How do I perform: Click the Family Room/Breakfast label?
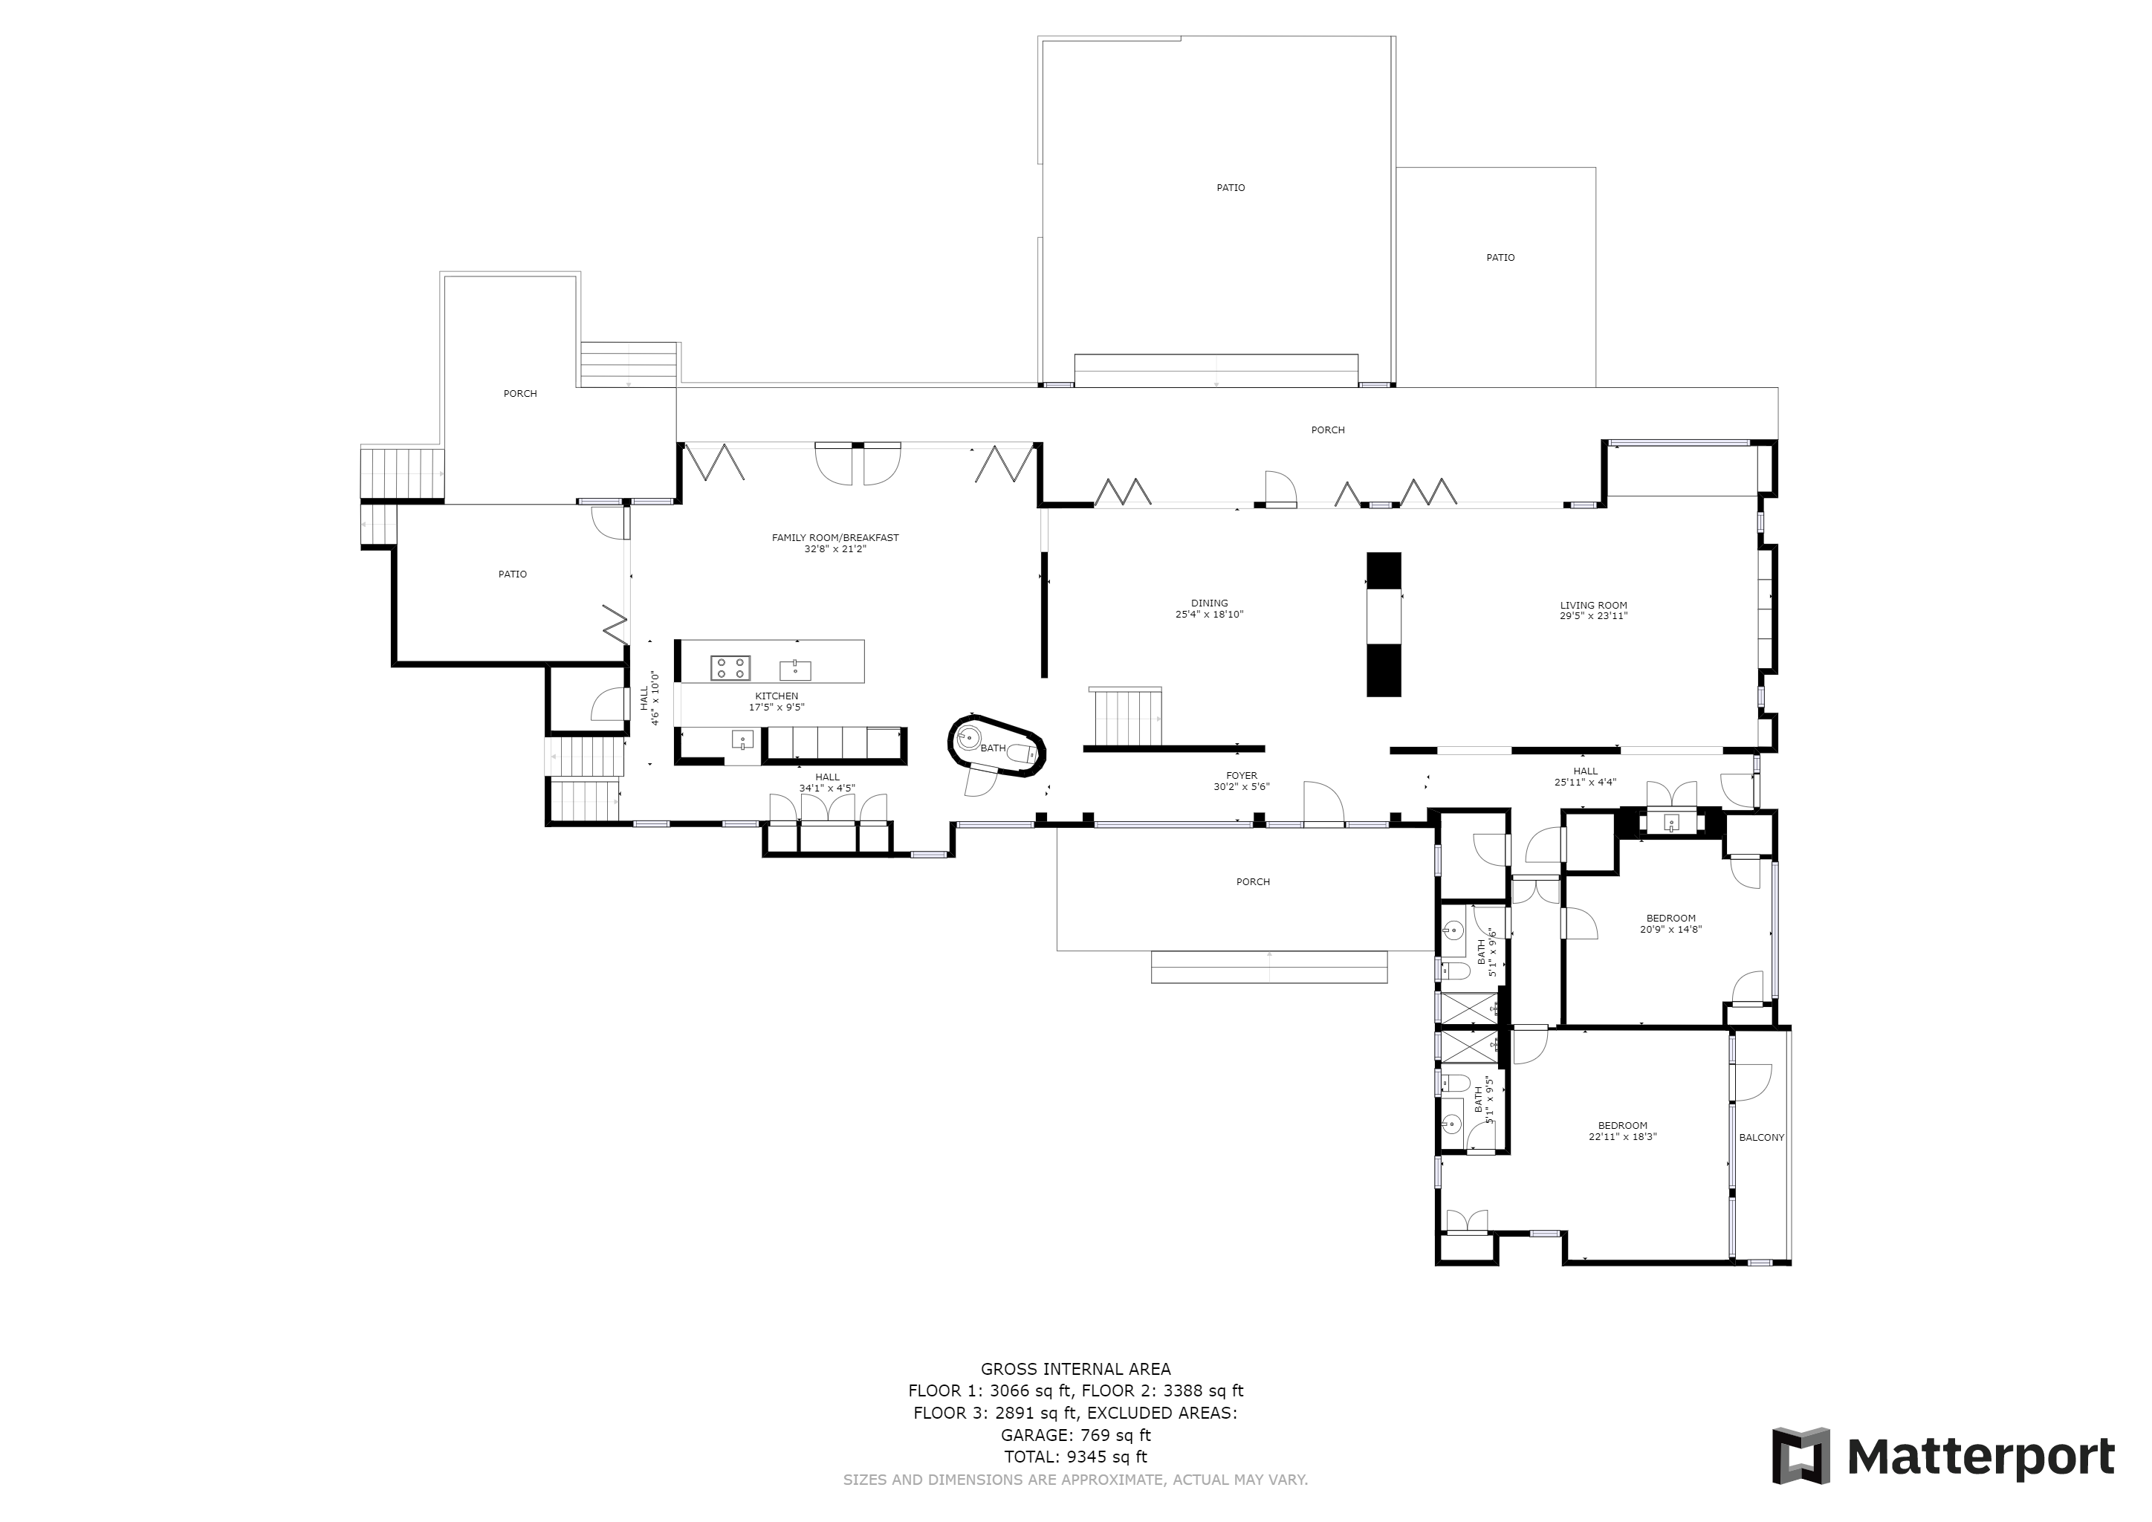[834, 538]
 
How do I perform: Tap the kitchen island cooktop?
[730, 667]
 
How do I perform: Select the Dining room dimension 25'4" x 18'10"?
[1209, 615]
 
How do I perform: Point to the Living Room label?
[1593, 606]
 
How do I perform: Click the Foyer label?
[1241, 776]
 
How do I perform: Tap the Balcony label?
[1761, 1138]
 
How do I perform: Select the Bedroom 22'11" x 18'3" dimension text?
[1622, 1137]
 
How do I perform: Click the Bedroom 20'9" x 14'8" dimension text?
[1670, 930]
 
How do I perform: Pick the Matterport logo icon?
[1801, 1455]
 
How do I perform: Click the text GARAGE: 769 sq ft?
[1075, 1435]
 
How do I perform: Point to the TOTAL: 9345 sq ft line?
[1075, 1457]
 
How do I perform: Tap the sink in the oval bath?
[969, 737]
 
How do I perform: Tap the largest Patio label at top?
[1231, 187]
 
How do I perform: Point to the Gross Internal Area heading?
[1075, 1369]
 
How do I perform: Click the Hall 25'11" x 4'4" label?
[1585, 771]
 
